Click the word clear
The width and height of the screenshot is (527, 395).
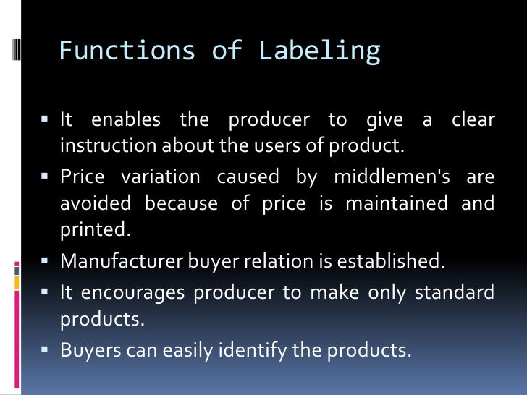pyautogui.click(x=473, y=120)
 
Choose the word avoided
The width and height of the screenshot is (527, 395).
pyautogui.click(x=95, y=203)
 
